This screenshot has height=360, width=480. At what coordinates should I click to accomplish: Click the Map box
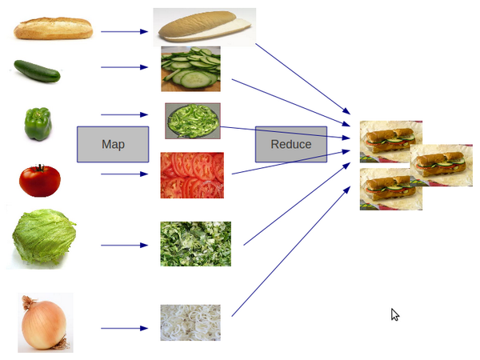pos(113,144)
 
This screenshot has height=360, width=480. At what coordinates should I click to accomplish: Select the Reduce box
pos(291,144)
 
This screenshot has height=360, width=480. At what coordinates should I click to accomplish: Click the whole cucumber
pos(38,71)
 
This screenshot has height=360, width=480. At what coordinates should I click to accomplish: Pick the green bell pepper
pos(38,124)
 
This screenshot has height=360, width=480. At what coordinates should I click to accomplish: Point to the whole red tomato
pos(40,181)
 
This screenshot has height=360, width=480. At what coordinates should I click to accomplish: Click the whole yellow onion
pos(43,323)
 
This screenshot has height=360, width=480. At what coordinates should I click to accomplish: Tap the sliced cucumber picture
pos(190,68)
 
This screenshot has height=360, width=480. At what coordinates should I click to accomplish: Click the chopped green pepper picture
pos(193,121)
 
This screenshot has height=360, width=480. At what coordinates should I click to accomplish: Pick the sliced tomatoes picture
pos(192,175)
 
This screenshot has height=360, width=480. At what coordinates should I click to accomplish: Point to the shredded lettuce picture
pos(195,244)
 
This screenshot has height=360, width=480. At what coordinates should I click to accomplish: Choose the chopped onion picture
pos(190,322)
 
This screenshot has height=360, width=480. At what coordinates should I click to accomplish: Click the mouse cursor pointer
pos(394,314)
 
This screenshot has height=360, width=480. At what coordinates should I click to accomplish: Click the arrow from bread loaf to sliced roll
pos(125,32)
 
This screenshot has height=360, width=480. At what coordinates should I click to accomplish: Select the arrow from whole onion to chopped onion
pos(125,328)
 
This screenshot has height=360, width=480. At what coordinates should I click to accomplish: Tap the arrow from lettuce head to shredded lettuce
pos(125,245)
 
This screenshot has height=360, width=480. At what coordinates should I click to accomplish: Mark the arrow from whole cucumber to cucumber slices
pos(125,67)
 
